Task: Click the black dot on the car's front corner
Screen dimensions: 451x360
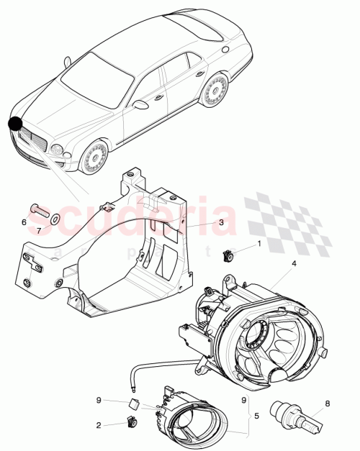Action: (16, 124)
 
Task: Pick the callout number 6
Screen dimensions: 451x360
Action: (24, 222)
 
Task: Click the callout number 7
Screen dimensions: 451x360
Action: (39, 230)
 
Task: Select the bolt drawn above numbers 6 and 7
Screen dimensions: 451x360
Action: (38, 211)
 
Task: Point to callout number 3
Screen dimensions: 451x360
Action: (222, 223)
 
